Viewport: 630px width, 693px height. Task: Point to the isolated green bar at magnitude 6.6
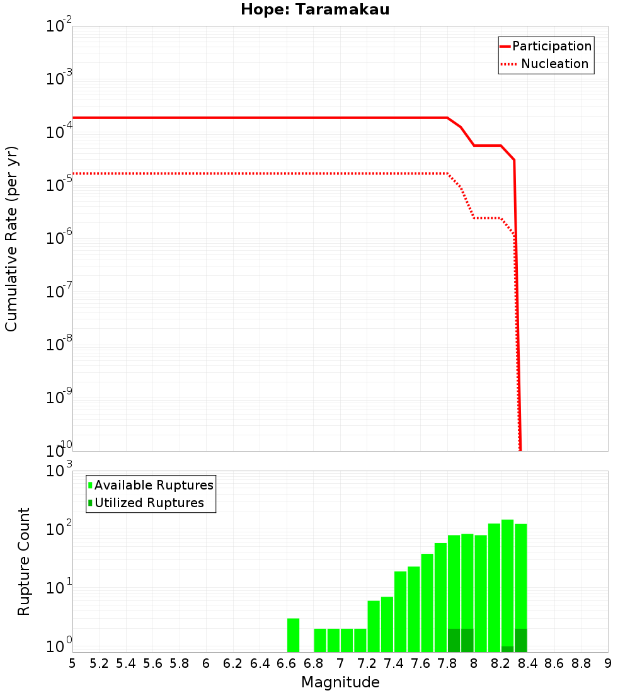tap(293, 635)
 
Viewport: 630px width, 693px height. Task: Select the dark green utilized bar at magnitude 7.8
tap(454, 640)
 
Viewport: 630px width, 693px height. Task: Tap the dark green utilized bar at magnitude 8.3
tap(520, 640)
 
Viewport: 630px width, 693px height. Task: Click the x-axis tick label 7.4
tap(394, 663)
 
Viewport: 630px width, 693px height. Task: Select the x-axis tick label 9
tap(607, 663)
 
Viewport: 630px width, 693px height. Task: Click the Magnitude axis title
tap(340, 682)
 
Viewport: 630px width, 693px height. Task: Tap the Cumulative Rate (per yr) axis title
tap(11, 238)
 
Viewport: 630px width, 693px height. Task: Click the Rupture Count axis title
tap(24, 561)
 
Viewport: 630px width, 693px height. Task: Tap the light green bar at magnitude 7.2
tap(374, 626)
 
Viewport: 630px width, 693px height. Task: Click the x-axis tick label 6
tap(205, 663)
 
